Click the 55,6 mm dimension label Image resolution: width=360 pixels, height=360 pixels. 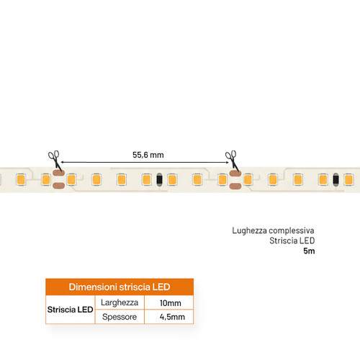pyautogui.click(x=148, y=155)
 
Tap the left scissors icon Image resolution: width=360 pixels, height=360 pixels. pyautogui.click(x=55, y=161)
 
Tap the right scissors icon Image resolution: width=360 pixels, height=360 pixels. pyautogui.click(x=233, y=161)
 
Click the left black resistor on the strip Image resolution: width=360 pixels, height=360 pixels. pyautogui.click(x=159, y=179)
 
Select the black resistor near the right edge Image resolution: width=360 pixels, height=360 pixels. pyautogui.click(x=336, y=179)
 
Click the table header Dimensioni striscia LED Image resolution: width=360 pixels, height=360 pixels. pyautogui.click(x=120, y=287)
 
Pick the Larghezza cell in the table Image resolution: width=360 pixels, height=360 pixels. pyautogui.click(x=120, y=302)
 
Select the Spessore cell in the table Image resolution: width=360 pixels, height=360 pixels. pyautogui.click(x=120, y=317)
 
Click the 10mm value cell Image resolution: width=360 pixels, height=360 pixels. pyautogui.click(x=170, y=303)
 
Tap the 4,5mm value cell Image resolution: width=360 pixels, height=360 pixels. pyautogui.click(x=172, y=317)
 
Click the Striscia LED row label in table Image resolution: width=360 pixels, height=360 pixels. pyautogui.click(x=70, y=310)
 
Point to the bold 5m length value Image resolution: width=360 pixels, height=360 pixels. pyautogui.click(x=309, y=251)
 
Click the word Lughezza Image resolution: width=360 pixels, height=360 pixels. pyautogui.click(x=249, y=230)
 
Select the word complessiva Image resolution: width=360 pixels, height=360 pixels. pyautogui.click(x=292, y=230)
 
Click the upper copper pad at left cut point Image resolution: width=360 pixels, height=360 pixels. pyautogui.click(x=58, y=173)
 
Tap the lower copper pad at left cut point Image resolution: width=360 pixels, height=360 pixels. pyautogui.click(x=58, y=186)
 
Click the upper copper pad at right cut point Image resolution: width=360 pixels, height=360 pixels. pyautogui.click(x=235, y=173)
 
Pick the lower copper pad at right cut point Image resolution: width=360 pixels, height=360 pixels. pyautogui.click(x=235, y=186)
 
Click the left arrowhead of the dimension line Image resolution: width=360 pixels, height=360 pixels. pyautogui.click(x=63, y=162)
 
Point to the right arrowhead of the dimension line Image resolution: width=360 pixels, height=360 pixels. pyautogui.click(x=227, y=162)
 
